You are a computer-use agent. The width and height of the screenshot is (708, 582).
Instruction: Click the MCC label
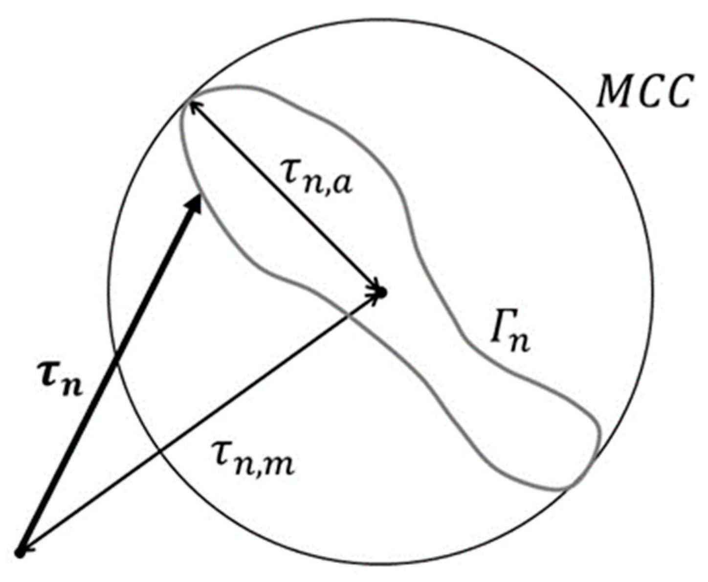643,91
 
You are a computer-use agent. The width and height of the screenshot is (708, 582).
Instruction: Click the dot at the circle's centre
382,292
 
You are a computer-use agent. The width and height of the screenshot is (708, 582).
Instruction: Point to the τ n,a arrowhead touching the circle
190,104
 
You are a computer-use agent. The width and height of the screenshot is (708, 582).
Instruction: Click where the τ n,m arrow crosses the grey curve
351,314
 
